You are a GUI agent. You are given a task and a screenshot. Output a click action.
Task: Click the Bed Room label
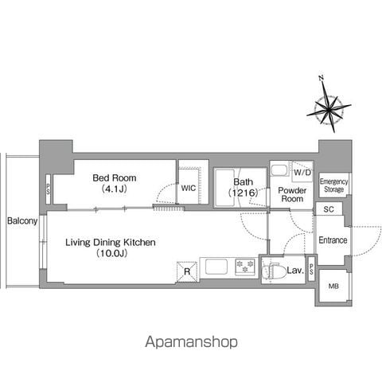tap(115, 177)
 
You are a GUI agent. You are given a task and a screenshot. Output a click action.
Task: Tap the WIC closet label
tap(189, 188)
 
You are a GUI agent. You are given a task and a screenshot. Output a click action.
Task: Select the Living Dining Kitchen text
tap(111, 242)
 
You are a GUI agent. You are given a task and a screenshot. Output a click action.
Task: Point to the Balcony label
tap(22, 220)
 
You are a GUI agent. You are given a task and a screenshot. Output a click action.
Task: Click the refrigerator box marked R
tap(187, 271)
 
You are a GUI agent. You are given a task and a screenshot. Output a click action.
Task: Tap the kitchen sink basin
tap(216, 267)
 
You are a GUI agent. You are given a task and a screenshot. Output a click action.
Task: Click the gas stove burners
tap(245, 267)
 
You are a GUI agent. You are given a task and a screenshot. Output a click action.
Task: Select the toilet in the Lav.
tap(271, 271)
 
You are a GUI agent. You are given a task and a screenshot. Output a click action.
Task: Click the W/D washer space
tap(302, 173)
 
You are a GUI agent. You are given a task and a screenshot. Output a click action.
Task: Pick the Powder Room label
tap(292, 194)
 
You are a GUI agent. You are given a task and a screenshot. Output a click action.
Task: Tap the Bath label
tap(243, 182)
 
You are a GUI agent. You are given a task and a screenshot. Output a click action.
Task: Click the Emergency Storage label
tap(333, 185)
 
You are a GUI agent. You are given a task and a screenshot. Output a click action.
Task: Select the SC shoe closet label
tap(329, 209)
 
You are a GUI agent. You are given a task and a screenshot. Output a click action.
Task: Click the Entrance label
tap(333, 240)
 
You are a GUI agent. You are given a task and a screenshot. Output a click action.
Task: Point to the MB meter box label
tap(333, 286)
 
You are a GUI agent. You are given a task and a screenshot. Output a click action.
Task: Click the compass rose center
tap(329, 109)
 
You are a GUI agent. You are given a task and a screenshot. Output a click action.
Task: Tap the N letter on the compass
tap(321, 78)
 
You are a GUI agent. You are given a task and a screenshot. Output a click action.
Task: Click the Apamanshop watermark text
tap(191, 342)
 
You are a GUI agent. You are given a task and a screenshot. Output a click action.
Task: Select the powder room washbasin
tap(279, 170)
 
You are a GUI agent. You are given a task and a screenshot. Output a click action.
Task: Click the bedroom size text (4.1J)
tap(115, 189)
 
